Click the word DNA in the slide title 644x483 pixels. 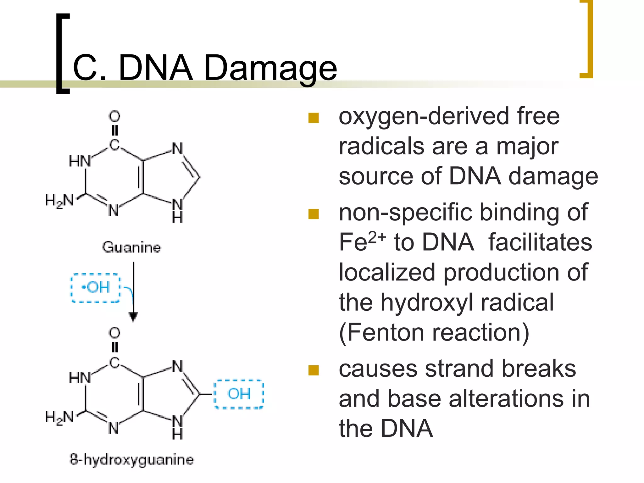tap(155, 68)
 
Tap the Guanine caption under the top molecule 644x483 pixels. tap(131, 247)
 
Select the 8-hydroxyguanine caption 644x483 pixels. tap(132, 459)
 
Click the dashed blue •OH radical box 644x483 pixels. tap(96, 288)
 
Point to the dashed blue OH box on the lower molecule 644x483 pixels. tap(239, 394)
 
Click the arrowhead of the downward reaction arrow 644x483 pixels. tap(133, 317)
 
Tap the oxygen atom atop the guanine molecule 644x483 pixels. tap(114, 116)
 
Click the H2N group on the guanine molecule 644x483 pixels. tap(59, 200)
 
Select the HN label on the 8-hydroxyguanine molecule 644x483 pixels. tap(80, 378)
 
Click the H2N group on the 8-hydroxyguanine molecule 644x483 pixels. tap(59, 417)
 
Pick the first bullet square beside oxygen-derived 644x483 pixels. tap(314, 118)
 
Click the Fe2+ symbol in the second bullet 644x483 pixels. tap(362, 241)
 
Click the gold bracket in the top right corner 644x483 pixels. tap(587, 39)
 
